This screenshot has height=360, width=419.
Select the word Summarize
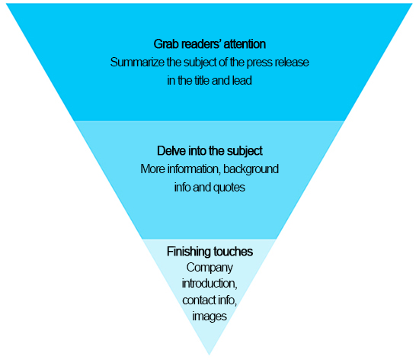(137, 63)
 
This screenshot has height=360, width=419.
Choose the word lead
(241, 81)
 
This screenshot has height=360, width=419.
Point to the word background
(251, 169)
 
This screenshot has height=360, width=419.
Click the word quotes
(229, 188)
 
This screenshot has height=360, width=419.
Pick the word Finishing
(188, 252)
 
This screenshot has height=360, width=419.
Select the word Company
(209, 268)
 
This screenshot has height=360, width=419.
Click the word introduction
(209, 284)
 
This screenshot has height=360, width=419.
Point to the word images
(209, 317)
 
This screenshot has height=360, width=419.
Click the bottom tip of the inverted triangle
(209, 355)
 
